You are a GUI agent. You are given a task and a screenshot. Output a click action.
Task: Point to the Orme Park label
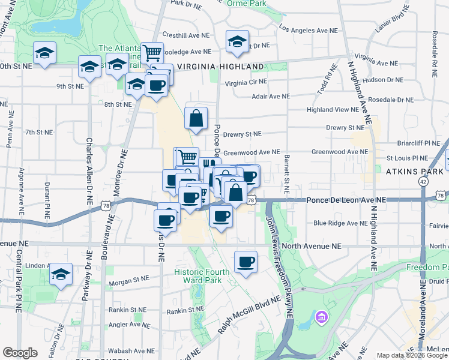247,3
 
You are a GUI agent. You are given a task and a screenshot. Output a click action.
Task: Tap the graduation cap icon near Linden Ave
61,274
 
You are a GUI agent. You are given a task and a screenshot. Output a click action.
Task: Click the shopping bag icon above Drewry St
196,118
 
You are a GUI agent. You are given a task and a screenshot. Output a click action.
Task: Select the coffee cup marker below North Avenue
246,262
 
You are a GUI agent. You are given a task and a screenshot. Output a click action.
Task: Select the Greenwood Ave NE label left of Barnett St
252,152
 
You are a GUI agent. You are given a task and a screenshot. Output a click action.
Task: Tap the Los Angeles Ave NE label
309,29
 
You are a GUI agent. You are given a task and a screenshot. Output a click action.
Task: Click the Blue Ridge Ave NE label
340,223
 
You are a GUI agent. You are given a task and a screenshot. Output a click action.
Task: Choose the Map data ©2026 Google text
412,355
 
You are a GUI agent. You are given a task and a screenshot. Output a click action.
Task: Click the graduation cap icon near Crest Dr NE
237,41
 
